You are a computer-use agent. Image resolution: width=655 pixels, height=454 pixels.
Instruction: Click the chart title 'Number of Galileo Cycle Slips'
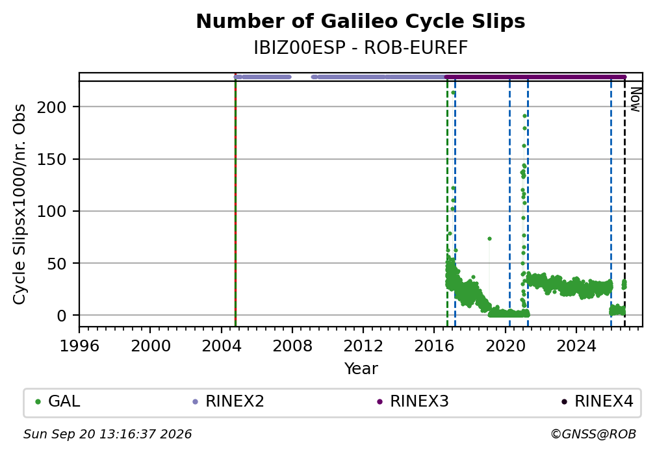[361, 21]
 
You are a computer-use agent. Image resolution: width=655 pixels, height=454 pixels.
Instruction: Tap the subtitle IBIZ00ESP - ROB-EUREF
[361, 48]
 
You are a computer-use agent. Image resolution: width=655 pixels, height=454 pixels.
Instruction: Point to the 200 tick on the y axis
[52, 107]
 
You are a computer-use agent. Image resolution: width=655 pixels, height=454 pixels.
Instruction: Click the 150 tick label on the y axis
[52, 159]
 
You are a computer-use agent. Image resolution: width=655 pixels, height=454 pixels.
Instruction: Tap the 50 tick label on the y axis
[57, 264]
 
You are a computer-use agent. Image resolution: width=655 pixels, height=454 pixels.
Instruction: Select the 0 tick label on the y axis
[62, 316]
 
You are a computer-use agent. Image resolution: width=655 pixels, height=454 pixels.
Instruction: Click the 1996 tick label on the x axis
[79, 346]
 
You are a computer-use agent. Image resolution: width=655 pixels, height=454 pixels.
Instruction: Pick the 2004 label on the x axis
[222, 346]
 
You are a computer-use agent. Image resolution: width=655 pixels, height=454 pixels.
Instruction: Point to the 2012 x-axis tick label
[363, 346]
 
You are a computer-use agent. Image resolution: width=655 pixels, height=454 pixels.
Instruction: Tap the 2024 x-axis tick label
[576, 346]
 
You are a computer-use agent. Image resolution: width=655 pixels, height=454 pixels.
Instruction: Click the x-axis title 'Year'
[361, 368]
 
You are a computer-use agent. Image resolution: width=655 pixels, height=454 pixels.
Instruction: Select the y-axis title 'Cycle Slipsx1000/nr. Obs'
[19, 204]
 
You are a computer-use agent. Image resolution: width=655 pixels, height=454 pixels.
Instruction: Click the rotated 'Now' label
[635, 99]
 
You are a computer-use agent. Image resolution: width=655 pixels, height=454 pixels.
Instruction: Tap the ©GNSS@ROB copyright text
[593, 435]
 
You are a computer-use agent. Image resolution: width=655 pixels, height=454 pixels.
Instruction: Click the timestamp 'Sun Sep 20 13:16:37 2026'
[107, 435]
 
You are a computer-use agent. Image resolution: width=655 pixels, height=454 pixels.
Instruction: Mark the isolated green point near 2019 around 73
[489, 239]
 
